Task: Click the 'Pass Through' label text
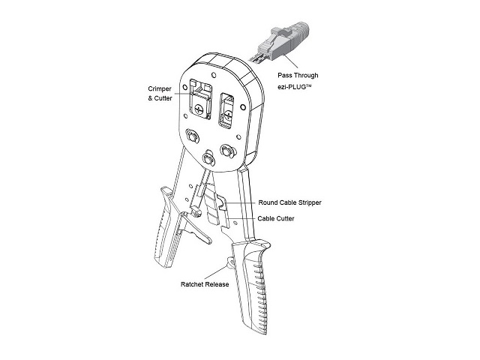[x=298, y=75]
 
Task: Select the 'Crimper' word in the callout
[x=160, y=88]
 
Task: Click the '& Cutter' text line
[x=160, y=98]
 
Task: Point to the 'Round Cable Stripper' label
[x=290, y=202]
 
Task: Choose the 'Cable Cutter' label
[x=276, y=218]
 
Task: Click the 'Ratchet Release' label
[x=205, y=284]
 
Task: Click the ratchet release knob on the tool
[x=230, y=262]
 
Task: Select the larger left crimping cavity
[x=200, y=100]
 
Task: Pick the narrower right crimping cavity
[x=226, y=110]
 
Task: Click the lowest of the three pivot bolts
[x=208, y=158]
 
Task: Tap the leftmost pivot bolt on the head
[x=193, y=136]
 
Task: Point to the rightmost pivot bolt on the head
[x=227, y=151]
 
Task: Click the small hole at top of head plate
[x=214, y=75]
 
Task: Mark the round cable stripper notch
[x=222, y=203]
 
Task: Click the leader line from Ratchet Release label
[x=215, y=272]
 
